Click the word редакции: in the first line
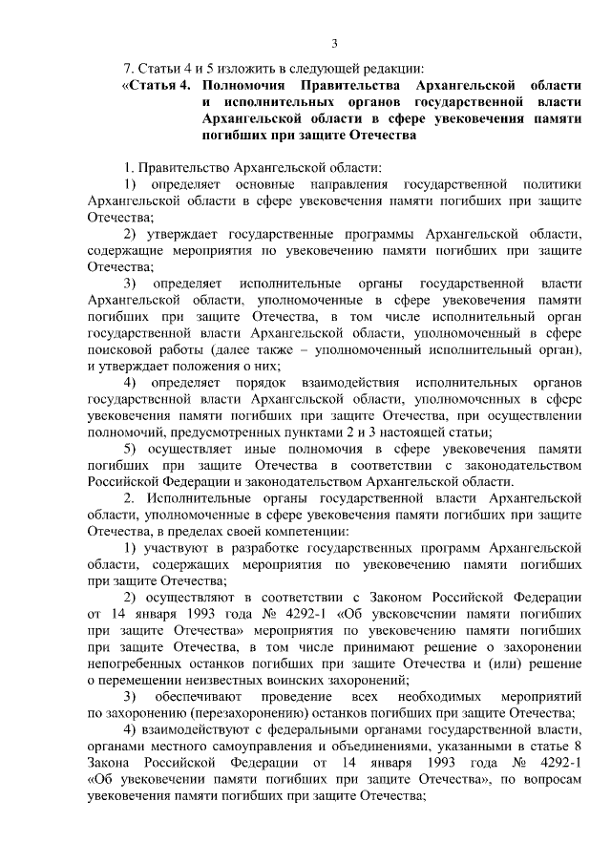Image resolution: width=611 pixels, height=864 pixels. point(393,66)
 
